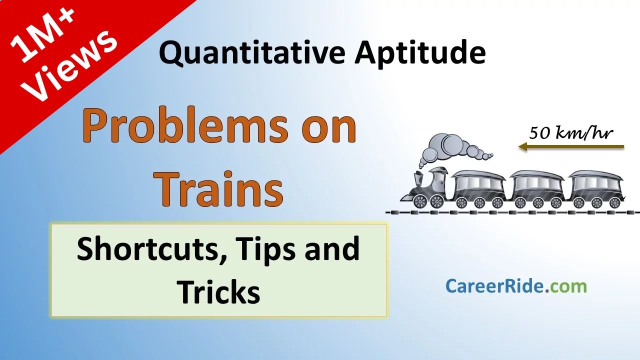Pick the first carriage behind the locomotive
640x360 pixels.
pyautogui.click(x=478, y=189)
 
